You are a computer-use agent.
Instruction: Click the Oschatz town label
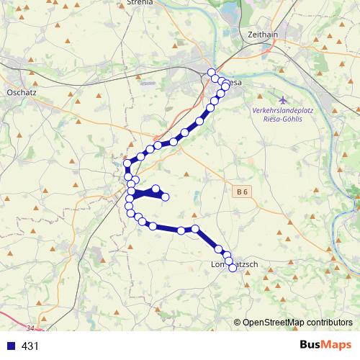click(x=21, y=92)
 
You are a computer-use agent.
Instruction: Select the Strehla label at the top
click(x=140, y=2)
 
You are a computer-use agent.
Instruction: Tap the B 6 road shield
click(x=243, y=191)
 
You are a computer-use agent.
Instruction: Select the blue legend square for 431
click(x=10, y=346)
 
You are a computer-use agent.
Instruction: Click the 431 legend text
click(x=30, y=346)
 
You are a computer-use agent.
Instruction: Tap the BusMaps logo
click(x=325, y=345)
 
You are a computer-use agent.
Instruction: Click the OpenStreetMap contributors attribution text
click(x=297, y=323)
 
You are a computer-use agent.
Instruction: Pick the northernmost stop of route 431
click(x=212, y=72)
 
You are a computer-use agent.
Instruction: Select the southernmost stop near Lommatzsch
click(x=232, y=268)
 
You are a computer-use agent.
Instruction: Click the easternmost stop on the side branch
click(x=165, y=197)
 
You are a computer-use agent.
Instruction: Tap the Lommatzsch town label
click(x=233, y=265)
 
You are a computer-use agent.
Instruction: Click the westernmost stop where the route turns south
click(x=127, y=164)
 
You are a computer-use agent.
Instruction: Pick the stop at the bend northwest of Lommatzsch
click(x=195, y=229)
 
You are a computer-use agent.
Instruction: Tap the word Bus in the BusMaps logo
click(x=312, y=345)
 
